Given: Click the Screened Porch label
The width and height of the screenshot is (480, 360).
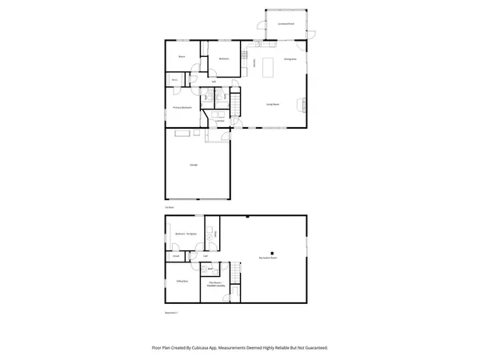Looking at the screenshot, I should coord(286,24).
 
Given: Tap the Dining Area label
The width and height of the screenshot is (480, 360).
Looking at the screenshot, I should coord(290,59).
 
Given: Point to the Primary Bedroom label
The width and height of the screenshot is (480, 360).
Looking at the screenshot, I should coord(183,106).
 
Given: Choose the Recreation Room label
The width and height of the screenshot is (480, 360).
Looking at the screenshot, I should coord(268,258).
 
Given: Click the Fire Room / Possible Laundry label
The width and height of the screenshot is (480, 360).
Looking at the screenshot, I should coord(215,285).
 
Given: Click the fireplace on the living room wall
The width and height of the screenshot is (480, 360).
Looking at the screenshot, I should coord(302,102).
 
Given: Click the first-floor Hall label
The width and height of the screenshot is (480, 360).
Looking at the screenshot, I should coord(214,82).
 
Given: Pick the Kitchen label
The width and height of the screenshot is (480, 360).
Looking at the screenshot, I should coord(254,62).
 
